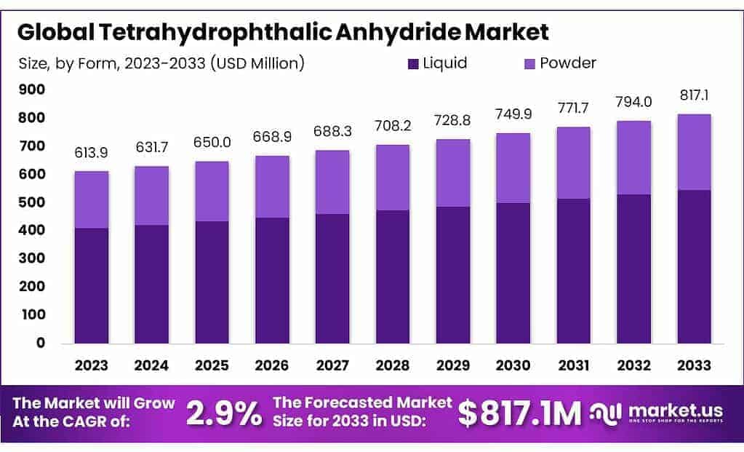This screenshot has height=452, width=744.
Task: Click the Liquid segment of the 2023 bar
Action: click(91, 285)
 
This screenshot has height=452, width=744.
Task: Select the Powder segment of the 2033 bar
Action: click(693, 152)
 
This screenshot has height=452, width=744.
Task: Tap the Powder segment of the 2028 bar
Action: click(392, 178)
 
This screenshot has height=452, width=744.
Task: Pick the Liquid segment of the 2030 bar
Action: click(513, 273)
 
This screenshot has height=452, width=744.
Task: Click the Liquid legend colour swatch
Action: click(414, 63)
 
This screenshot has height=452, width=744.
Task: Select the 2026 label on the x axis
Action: click(271, 365)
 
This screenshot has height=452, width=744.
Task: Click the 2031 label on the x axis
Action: click(572, 365)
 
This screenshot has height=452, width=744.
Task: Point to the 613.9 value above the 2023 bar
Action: click(91, 153)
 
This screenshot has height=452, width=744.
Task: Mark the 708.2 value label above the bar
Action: click(392, 126)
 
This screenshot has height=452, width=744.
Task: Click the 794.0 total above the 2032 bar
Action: click(633, 102)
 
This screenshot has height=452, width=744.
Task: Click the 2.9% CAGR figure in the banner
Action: click(224, 413)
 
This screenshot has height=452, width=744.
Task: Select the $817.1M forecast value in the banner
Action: click(519, 413)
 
